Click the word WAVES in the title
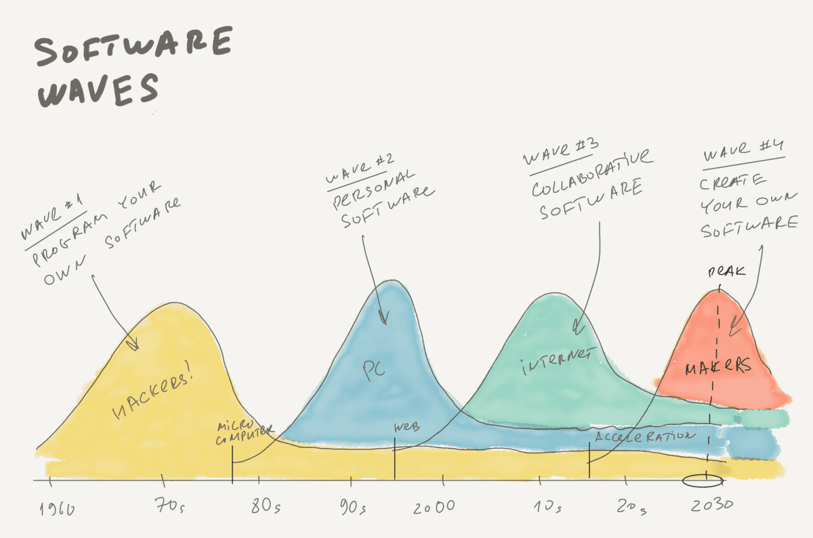click(98, 91)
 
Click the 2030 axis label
click(711, 506)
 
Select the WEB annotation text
click(407, 427)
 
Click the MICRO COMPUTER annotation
click(243, 434)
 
